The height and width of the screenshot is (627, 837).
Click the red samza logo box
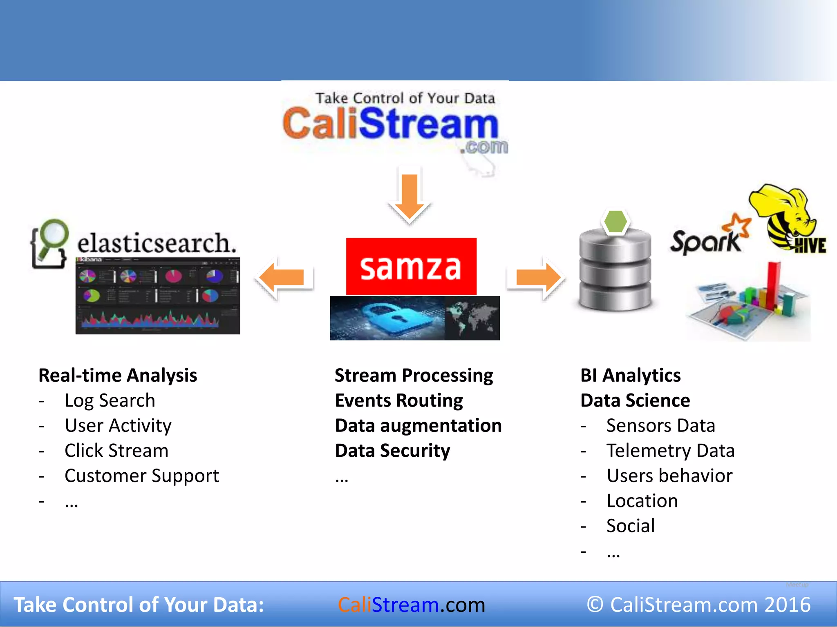[x=411, y=267]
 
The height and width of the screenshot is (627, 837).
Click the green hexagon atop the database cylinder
[x=615, y=222]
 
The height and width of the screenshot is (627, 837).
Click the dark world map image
[x=472, y=318]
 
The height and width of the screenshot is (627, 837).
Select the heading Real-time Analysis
[x=118, y=376]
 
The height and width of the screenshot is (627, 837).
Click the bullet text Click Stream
[x=116, y=451]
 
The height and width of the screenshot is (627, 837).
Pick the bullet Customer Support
[x=141, y=476]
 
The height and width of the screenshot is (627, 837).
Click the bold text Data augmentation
[x=418, y=426]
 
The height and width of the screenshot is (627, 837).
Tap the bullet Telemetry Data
[x=670, y=451]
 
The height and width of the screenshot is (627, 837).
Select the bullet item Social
[x=630, y=526]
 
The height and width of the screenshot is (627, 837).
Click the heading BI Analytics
[x=630, y=376]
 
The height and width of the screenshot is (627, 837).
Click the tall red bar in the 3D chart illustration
[x=772, y=286]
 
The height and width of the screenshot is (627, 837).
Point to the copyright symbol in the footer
[x=595, y=605]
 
